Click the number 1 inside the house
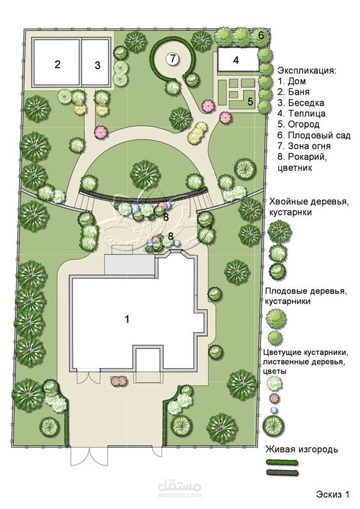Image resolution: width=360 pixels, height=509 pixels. click(127, 319)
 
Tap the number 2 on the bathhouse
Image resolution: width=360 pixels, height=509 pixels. click(58, 65)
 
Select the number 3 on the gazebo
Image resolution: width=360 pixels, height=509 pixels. click(97, 65)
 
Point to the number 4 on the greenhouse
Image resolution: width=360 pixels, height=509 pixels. click(236, 60)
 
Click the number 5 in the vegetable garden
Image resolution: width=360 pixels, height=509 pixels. click(250, 101)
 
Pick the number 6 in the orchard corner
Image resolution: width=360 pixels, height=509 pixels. click(262, 35)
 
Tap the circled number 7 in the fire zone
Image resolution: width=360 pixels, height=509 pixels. click(173, 59)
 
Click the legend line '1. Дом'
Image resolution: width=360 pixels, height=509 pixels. click(292, 81)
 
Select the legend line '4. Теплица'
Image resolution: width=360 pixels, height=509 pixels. click(302, 113)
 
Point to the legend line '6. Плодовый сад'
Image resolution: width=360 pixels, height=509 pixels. click(314, 135)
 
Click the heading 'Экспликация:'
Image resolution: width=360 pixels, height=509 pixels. click(307, 70)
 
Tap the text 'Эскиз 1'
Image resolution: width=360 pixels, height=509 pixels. click(333, 494)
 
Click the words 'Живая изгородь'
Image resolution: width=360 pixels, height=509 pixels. click(302, 450)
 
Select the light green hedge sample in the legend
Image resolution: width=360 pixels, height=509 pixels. click(282, 462)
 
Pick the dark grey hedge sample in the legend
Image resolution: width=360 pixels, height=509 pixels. click(282, 473)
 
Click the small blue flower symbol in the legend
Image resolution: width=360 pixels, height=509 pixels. click(274, 410)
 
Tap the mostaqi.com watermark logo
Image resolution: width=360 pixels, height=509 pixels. click(180, 489)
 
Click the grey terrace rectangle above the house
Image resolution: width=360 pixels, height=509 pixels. click(130, 265)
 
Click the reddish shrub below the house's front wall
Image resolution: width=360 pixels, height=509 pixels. click(118, 380)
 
